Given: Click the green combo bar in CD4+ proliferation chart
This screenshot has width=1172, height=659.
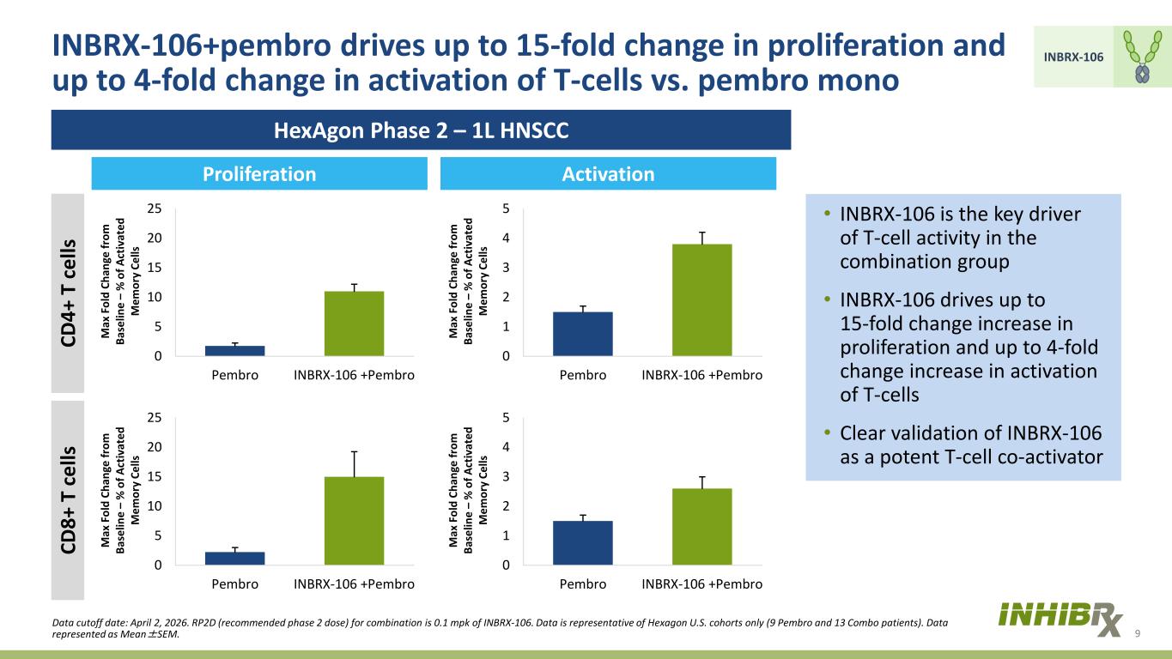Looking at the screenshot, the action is [355, 323].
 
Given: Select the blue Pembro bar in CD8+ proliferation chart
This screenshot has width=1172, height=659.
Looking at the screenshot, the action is [235, 558].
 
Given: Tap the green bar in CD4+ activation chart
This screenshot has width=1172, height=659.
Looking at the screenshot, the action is [702, 300].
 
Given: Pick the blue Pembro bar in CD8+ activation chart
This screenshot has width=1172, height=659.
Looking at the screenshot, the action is [583, 543].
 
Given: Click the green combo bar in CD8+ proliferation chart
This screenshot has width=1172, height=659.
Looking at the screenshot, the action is [355, 521].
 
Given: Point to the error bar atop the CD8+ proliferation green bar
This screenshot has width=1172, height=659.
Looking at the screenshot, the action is [355, 464].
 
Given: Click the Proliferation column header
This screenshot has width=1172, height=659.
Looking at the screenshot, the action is [259, 173].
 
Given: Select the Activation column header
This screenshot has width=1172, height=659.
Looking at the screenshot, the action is [608, 173].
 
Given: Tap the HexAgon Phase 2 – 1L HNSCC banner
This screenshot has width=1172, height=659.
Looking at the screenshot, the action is [422, 130].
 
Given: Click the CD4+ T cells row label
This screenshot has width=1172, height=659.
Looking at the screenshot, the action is [68, 293].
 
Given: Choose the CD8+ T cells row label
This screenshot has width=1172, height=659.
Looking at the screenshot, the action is [68, 500].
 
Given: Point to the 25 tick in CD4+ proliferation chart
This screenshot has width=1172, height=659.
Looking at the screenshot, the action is [155, 209].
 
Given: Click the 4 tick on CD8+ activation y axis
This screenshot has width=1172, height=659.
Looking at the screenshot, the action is [506, 447].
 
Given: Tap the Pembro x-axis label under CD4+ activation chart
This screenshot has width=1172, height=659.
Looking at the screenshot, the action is [583, 375].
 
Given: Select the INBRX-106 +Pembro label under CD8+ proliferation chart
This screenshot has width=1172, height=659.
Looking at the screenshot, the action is [355, 583].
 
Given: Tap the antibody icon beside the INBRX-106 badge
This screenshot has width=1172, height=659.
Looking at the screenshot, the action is [1143, 57].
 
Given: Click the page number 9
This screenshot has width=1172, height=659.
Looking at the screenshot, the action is [1137, 634].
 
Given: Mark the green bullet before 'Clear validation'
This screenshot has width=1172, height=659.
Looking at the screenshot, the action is [827, 432].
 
